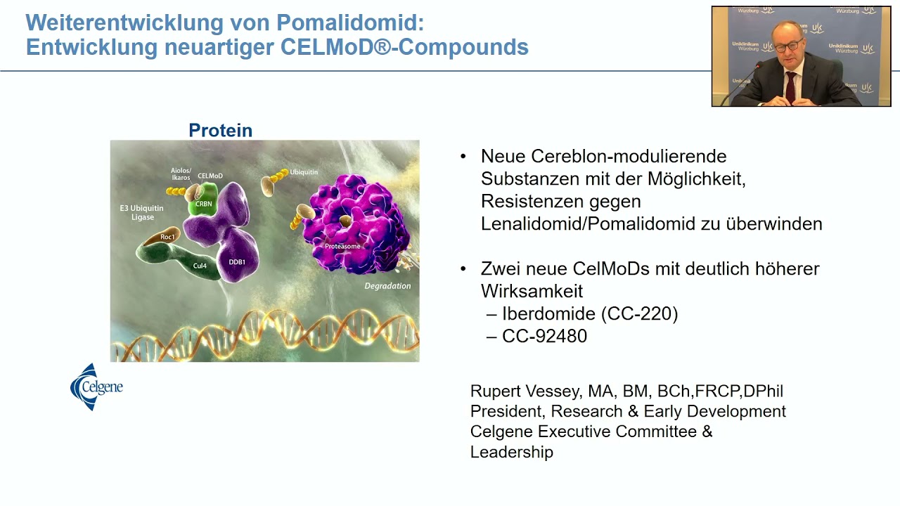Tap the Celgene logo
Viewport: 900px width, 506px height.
(96, 387)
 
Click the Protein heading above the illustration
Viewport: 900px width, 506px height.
(220, 131)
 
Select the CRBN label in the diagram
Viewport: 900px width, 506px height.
(203, 205)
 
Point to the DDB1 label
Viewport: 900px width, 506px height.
(237, 262)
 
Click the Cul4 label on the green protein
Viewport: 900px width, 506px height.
(200, 266)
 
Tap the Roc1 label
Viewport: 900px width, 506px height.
(167, 238)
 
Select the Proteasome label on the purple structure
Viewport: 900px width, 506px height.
(342, 247)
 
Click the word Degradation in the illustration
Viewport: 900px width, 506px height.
(387, 286)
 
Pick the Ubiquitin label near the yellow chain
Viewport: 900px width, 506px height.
(304, 172)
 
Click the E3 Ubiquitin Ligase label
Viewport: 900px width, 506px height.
(141, 212)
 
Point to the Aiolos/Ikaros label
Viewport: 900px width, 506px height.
(181, 174)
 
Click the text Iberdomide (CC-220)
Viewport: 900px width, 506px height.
(589, 313)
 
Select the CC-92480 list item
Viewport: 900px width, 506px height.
(544, 336)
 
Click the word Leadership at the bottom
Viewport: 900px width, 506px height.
(511, 452)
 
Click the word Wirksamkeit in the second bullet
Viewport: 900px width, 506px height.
(532, 291)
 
